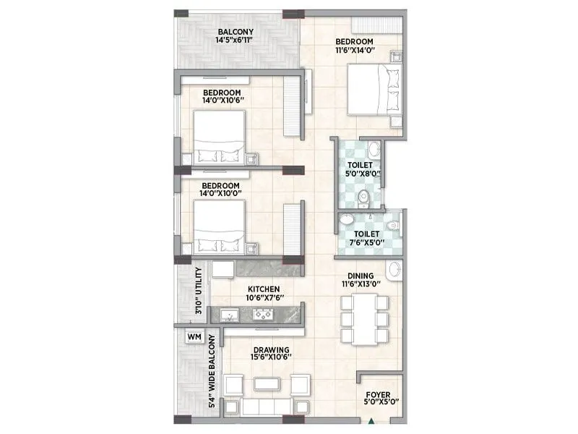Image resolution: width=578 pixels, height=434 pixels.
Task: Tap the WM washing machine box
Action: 193,336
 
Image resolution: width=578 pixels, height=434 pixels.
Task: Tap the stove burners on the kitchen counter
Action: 262,315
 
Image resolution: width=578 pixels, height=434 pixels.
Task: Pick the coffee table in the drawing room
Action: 261,382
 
